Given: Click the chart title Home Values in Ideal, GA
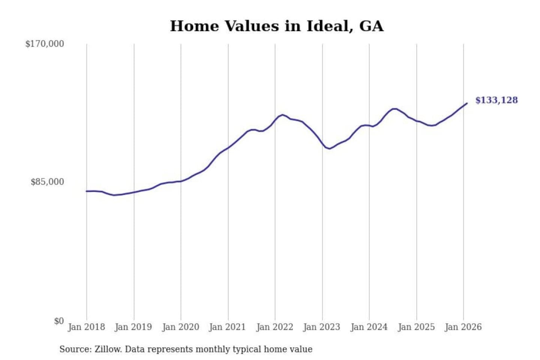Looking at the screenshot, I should (x=277, y=26).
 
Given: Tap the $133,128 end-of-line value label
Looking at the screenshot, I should (x=496, y=100).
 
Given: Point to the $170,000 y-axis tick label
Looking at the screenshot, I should (x=45, y=44).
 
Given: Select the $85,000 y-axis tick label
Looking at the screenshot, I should (x=47, y=182).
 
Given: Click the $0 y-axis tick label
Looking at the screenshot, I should (x=58, y=321).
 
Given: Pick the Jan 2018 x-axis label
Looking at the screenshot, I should (x=86, y=327).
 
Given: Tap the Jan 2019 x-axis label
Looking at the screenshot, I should (x=133, y=327).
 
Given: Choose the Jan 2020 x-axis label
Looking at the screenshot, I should (x=180, y=327).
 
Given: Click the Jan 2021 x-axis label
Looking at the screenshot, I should (x=227, y=327).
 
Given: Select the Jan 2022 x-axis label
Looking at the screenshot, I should (x=274, y=327).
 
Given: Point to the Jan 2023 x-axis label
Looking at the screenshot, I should (x=322, y=327).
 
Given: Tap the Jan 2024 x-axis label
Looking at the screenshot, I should (x=369, y=327).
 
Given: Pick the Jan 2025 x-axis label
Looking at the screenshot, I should (x=416, y=327).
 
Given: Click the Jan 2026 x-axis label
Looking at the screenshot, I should (x=463, y=327).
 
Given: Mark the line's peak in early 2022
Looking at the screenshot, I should (x=282, y=115).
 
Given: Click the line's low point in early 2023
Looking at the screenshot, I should (x=329, y=148).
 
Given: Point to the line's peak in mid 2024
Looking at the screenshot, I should (x=394, y=109).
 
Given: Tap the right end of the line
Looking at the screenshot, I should (x=467, y=103).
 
